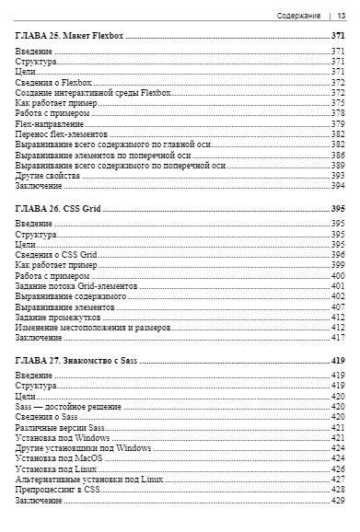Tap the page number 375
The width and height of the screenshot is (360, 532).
[337, 103]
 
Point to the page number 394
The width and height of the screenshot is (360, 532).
[337, 185]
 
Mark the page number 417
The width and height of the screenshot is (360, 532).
[337, 338]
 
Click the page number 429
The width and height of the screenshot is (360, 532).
[337, 500]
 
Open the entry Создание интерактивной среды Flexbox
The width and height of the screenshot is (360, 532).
[93, 93]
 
